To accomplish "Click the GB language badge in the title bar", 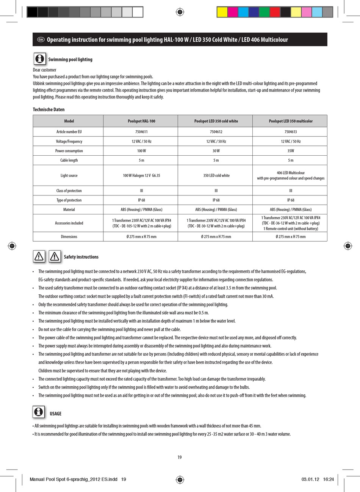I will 41,40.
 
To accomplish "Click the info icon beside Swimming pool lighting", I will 39,59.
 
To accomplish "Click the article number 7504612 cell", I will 216,132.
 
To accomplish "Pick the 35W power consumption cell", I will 291,151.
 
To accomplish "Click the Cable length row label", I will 69,160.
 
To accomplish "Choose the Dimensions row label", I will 69,237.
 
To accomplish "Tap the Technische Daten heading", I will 49,109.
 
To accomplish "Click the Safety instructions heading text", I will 81,257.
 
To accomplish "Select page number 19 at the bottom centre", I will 180,457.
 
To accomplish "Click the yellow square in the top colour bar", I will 222,12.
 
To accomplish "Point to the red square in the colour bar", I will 275,12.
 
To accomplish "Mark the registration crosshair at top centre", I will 180,12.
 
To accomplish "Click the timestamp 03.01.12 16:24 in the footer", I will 318,479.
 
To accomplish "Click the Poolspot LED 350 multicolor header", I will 291,121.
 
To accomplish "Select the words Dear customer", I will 45,70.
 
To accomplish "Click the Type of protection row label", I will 69,200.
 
